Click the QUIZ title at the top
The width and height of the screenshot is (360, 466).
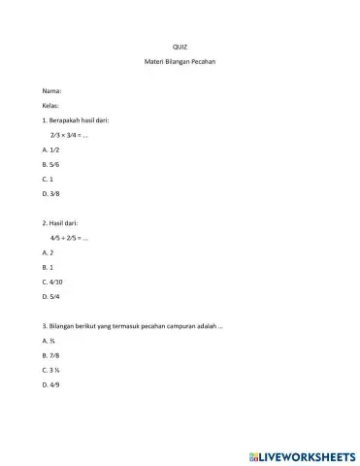179,47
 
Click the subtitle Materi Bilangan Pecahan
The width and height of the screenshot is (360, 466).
179,63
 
